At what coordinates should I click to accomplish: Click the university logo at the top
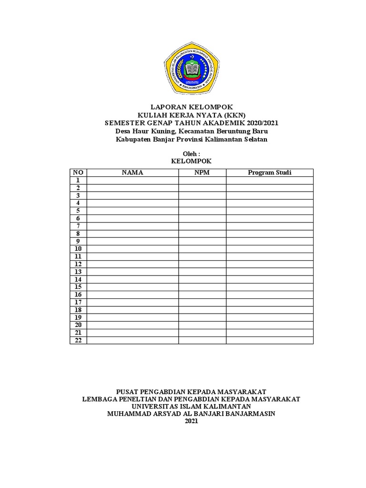click(x=192, y=68)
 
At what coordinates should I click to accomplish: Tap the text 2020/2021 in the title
click(x=262, y=123)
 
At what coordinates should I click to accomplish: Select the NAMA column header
click(x=132, y=173)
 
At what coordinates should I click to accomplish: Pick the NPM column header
click(x=202, y=173)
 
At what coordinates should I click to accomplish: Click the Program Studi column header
click(x=269, y=173)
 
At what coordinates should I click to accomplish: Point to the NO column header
click(x=78, y=173)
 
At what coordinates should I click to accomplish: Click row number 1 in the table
click(x=78, y=180)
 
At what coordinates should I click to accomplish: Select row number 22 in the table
click(x=78, y=340)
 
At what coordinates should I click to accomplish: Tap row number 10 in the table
click(x=78, y=249)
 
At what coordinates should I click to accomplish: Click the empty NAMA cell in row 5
click(x=132, y=211)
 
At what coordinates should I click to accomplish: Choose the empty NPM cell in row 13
click(x=202, y=272)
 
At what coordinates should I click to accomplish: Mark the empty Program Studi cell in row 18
click(x=269, y=310)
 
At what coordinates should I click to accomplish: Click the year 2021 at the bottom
click(x=191, y=421)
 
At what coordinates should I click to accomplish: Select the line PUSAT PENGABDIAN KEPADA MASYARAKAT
click(x=191, y=391)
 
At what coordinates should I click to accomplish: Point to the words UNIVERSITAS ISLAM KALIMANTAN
click(x=191, y=407)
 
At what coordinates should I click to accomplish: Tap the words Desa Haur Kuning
click(x=145, y=131)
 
